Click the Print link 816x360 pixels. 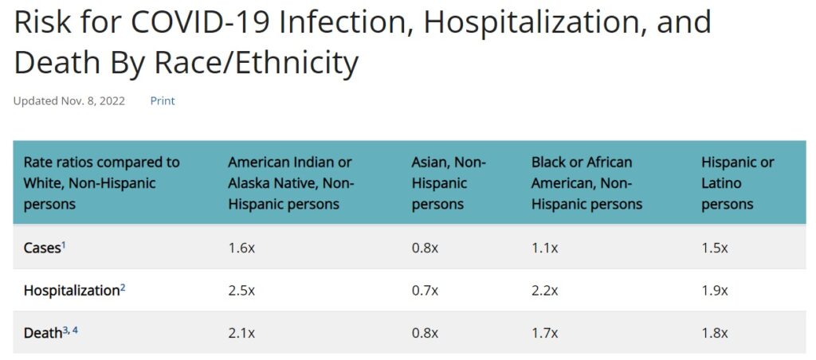[163, 101]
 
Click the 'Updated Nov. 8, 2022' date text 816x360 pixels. [69, 101]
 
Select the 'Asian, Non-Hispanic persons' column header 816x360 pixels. [449, 183]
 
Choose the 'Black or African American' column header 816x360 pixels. [586, 183]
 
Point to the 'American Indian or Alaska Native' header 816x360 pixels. [291, 183]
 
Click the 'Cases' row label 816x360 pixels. [42, 248]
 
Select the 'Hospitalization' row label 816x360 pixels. [72, 291]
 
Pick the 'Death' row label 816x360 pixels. [43, 333]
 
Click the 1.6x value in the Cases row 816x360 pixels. [241, 248]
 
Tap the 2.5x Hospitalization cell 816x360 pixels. [241, 291]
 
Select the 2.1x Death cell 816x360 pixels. [241, 333]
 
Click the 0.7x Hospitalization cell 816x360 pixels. [425, 291]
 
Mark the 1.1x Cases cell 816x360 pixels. [545, 248]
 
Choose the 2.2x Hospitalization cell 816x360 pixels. [545, 291]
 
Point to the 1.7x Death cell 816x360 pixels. [545, 333]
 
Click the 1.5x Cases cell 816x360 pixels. [715, 248]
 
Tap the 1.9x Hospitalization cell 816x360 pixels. [715, 291]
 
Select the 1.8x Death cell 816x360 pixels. [715, 333]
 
